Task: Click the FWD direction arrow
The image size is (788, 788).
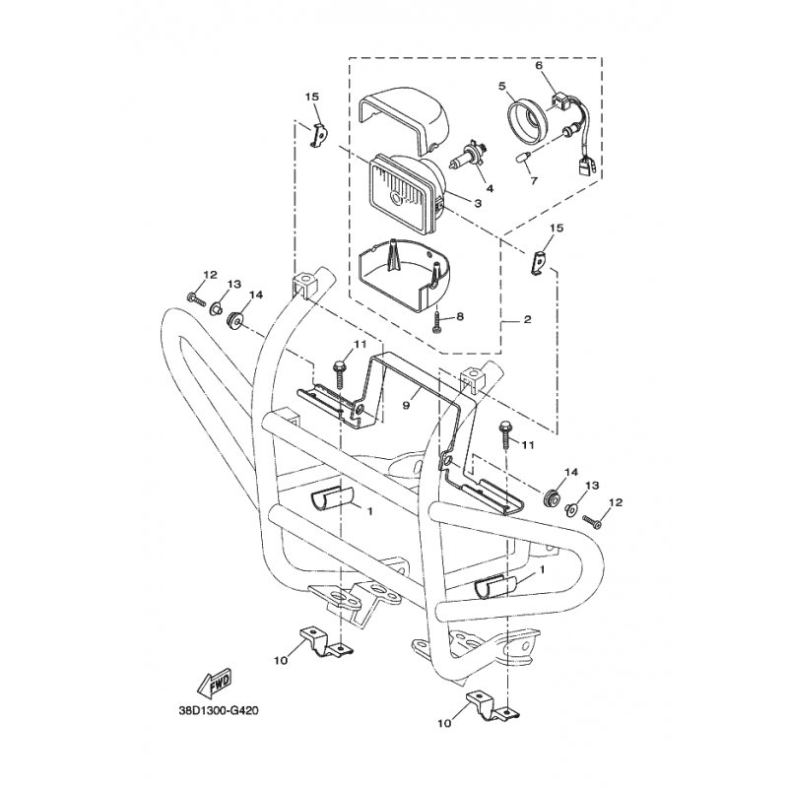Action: click(214, 682)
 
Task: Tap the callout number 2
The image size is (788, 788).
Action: click(527, 320)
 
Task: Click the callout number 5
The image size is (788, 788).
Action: click(502, 87)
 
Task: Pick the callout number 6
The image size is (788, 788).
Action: click(538, 66)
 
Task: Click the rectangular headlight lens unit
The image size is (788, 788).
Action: click(404, 190)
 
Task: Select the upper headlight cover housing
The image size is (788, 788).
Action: click(404, 118)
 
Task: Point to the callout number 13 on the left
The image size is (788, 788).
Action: click(232, 284)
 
